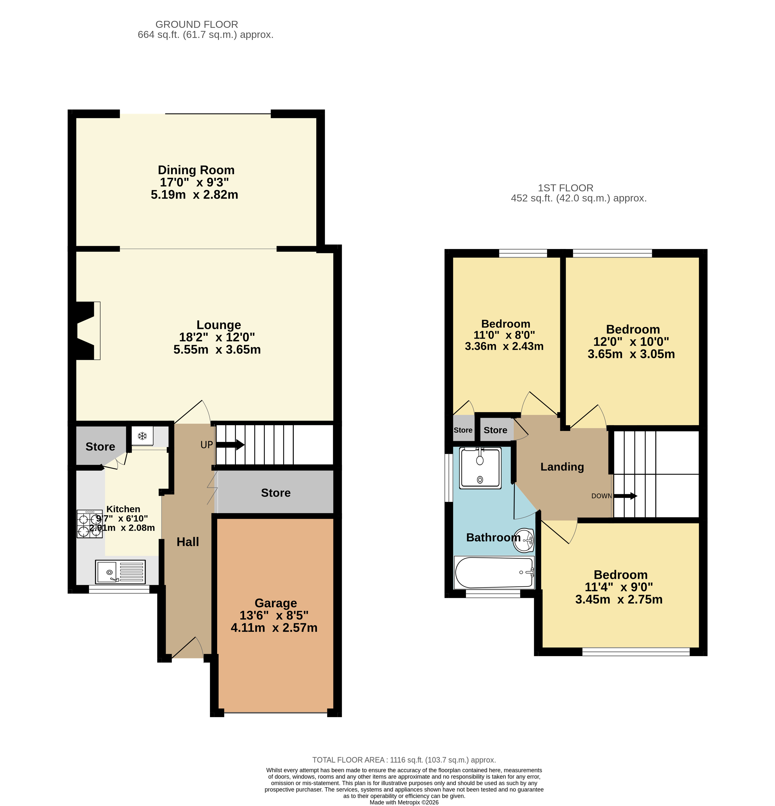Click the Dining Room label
(x=196, y=170)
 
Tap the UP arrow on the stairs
(x=230, y=445)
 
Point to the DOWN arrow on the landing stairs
(x=625, y=496)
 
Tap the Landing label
(x=562, y=467)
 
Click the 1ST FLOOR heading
(x=566, y=188)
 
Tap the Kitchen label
(x=123, y=509)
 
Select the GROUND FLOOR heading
(x=196, y=24)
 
